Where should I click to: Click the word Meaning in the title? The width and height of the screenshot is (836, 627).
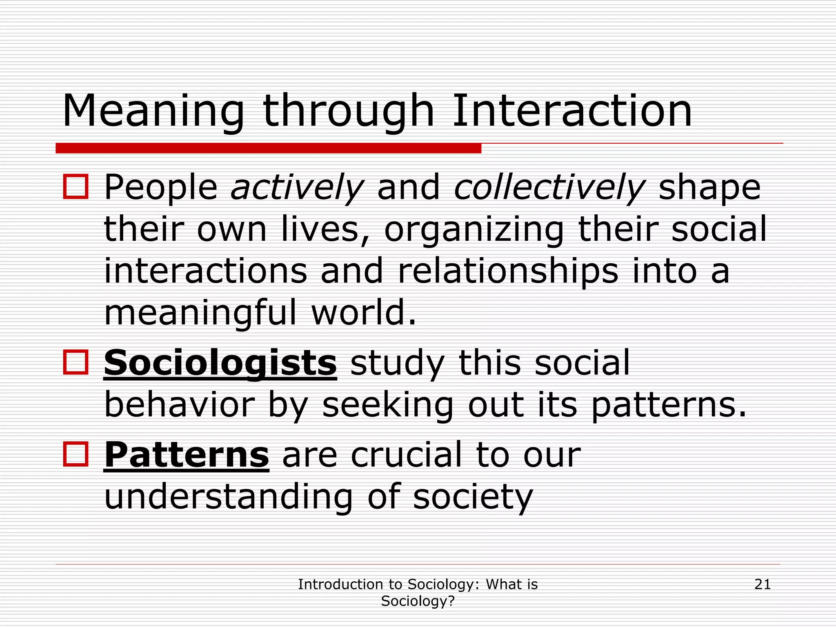pos(153,111)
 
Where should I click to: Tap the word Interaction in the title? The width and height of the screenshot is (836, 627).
pos(572,111)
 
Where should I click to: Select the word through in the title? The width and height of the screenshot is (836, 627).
pos(348,111)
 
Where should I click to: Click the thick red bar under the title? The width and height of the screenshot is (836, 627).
pos(268,148)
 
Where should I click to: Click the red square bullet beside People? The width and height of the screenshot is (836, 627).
pos(76,187)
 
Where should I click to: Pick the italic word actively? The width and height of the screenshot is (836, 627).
pos(297,188)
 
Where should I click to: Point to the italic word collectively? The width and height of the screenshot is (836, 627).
pos(549,188)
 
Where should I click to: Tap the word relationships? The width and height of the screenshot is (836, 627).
pos(507,271)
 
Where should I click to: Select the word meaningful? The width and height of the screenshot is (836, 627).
pos(200,313)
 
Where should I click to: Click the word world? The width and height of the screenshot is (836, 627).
pos(363,313)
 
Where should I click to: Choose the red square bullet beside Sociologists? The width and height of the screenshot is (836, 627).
pos(76,362)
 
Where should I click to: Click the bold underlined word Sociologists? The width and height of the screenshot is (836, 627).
pos(220,363)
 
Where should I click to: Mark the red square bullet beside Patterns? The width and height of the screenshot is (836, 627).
pos(76,454)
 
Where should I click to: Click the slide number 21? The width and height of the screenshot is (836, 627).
pos(763,585)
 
